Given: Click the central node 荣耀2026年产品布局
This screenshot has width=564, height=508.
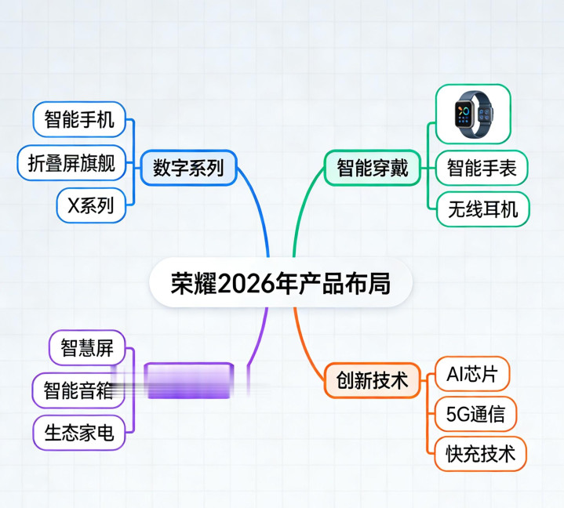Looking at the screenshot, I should (x=281, y=283).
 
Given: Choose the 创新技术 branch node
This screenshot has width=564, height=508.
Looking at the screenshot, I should (x=373, y=381).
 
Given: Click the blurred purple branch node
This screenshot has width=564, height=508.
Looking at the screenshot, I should (x=189, y=381).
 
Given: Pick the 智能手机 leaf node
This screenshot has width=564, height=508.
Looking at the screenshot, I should (x=79, y=120).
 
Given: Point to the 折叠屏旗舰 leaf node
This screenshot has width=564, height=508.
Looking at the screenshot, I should (x=71, y=163).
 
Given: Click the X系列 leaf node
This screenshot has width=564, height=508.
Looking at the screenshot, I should (x=91, y=206).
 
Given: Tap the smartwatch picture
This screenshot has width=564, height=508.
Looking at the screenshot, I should (x=473, y=114).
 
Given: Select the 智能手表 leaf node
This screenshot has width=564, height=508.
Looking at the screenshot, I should (x=482, y=167).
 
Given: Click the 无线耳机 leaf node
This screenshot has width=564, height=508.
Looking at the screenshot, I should (x=482, y=210).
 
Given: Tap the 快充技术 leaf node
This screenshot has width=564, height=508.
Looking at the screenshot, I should (x=480, y=454).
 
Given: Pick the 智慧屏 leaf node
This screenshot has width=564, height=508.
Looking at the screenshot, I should (x=87, y=347).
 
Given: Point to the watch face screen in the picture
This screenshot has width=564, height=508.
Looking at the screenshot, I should (x=464, y=114).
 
